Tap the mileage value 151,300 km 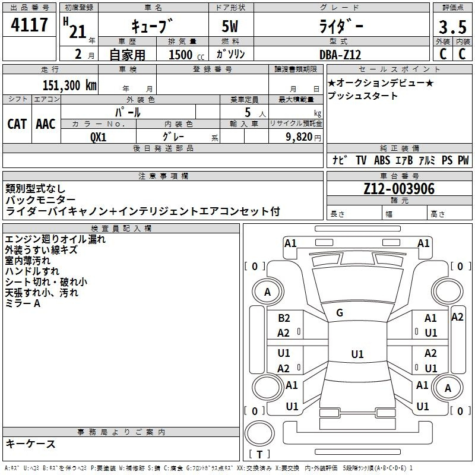click(x=69, y=85)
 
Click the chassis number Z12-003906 click(x=399, y=189)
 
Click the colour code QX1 click(x=98, y=136)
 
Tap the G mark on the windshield click(x=340, y=312)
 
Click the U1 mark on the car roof click(x=357, y=354)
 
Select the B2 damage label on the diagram click(x=284, y=319)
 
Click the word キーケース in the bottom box click(x=30, y=444)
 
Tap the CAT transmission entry click(x=17, y=123)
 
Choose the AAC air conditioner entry click(x=46, y=123)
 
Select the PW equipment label click(x=463, y=160)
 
